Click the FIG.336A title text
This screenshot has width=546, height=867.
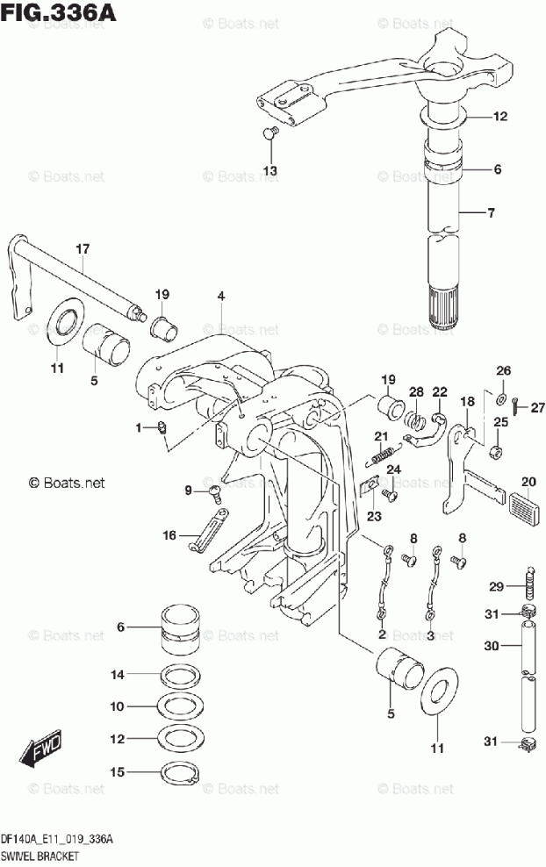coord(58,11)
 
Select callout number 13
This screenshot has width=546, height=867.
coord(270,171)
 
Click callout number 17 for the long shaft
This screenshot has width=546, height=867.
coord(83,249)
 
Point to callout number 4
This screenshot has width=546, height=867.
coord(221,296)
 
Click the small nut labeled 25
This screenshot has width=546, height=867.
coord(496,452)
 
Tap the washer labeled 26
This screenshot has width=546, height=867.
coord(502,397)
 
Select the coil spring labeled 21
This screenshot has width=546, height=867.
coord(381,455)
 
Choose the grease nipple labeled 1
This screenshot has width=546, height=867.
coord(162,426)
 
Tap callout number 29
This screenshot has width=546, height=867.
coord(496,585)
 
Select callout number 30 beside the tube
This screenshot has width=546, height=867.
coord(492,645)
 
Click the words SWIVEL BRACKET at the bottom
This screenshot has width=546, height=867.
coord(40,856)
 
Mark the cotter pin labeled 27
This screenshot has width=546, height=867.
coord(515,407)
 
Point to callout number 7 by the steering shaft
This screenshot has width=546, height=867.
coord(492,212)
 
